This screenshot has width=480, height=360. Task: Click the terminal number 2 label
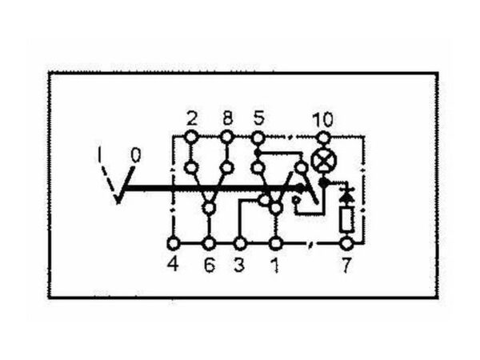[x=192, y=118]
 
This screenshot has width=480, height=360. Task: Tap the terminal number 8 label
[x=227, y=118]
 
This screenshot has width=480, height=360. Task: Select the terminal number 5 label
[x=258, y=118]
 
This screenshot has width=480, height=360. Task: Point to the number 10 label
[x=322, y=119]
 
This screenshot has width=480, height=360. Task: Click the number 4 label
[x=173, y=264]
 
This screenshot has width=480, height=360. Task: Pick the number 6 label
[x=210, y=265]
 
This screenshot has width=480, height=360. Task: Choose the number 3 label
[x=239, y=265]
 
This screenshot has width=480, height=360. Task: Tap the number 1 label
[x=275, y=265]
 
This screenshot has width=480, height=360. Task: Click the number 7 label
[x=346, y=265]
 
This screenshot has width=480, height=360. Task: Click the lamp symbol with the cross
[x=323, y=161]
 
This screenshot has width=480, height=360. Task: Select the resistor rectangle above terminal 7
[x=347, y=219]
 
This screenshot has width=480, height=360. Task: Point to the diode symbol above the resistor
[x=347, y=195]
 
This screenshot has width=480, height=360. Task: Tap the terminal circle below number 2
[x=192, y=137]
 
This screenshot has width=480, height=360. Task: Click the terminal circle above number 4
[x=174, y=244]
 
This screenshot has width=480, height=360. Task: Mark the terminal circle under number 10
[x=323, y=137]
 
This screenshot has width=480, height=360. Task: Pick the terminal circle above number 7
[x=347, y=244]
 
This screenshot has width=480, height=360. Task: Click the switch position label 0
[x=136, y=155]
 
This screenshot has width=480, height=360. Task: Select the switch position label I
[x=99, y=154]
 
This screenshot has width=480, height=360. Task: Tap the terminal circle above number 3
[x=240, y=244]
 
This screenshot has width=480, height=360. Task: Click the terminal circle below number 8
[x=227, y=137]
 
